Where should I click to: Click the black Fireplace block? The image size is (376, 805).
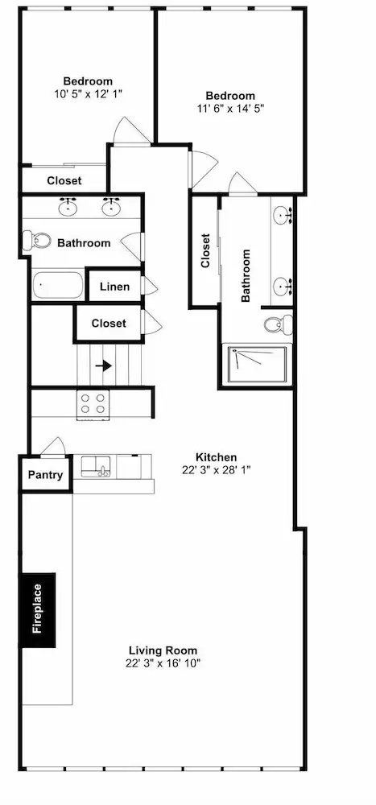pyautogui.click(x=38, y=610)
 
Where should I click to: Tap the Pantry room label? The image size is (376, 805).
pyautogui.click(x=45, y=474)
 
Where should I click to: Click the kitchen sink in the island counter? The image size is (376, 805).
pyautogui.click(x=95, y=467)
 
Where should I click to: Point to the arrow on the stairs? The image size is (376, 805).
pyautogui.click(x=104, y=366)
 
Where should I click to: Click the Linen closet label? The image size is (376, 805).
pyautogui.click(x=114, y=287)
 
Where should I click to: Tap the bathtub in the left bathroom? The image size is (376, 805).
pyautogui.click(x=58, y=285)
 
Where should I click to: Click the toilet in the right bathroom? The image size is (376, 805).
pyautogui.click(x=278, y=324)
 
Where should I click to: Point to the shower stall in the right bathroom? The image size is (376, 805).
pyautogui.click(x=258, y=364)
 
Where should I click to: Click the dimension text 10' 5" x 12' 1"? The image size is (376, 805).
pyautogui.click(x=87, y=94)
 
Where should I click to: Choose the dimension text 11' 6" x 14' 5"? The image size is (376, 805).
pyautogui.click(x=230, y=109)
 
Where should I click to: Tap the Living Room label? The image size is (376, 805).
pyautogui.click(x=163, y=650)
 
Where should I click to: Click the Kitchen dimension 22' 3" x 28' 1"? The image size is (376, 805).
pyautogui.click(x=216, y=470)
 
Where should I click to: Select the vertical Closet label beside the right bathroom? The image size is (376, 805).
pyautogui.click(x=205, y=250)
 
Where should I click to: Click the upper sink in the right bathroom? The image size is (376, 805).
pyautogui.click(x=282, y=214)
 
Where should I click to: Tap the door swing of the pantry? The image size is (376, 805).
pyautogui.click(x=53, y=446)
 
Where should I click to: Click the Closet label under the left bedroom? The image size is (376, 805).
pyautogui.click(x=64, y=180)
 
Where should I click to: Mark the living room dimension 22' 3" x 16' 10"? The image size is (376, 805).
pyautogui.click(x=163, y=663)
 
